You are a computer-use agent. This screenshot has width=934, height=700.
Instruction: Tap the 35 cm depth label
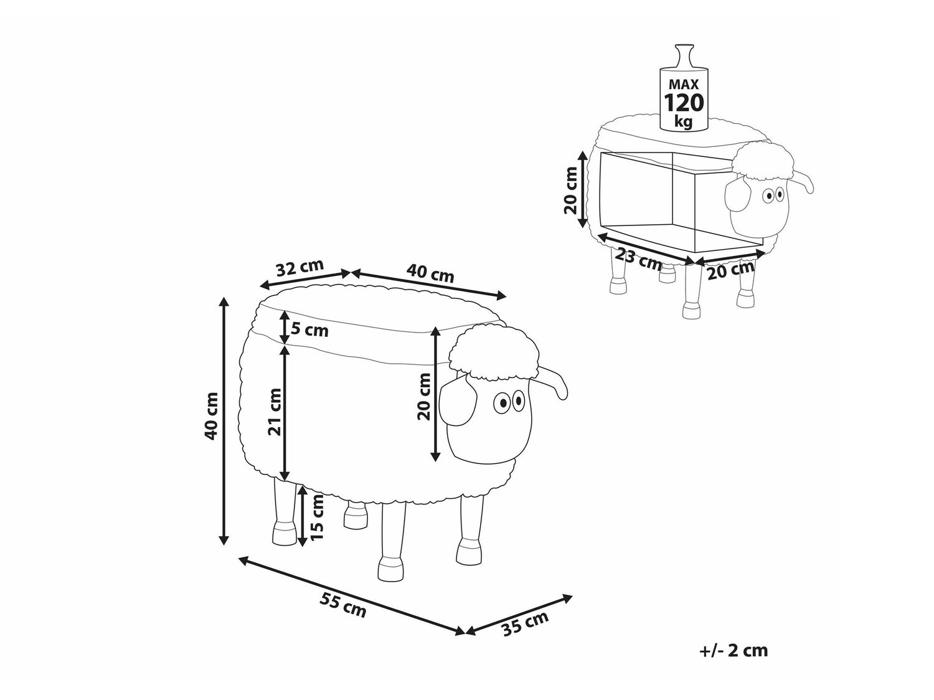(526, 623)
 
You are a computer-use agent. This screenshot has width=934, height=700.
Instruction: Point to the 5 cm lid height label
(309, 330)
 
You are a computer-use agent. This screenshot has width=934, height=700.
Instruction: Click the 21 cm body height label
(275, 412)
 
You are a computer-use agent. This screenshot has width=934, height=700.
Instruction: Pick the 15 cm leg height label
(317, 517)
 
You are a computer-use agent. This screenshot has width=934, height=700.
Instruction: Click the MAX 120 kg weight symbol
(683, 92)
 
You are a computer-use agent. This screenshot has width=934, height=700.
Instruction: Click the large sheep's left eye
(502, 402)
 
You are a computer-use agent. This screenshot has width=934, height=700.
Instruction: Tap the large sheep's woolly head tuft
(494, 352)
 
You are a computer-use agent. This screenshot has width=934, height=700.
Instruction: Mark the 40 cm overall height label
(211, 416)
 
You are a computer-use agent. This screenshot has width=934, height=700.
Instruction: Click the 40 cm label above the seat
(430, 273)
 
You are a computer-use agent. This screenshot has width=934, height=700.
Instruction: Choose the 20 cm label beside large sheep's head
(424, 397)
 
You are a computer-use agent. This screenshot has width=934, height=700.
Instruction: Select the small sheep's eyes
(773, 196)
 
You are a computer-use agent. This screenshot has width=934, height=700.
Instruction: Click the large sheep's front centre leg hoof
(390, 571)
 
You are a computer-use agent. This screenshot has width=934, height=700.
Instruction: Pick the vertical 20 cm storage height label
(570, 190)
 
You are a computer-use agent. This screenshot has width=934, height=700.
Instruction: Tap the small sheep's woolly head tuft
(763, 163)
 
